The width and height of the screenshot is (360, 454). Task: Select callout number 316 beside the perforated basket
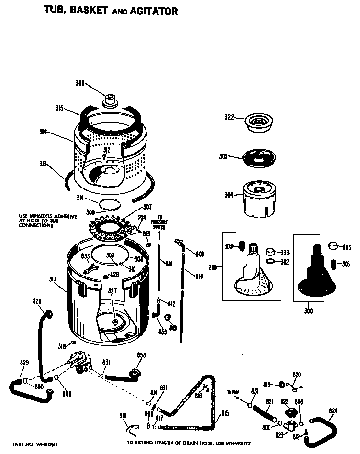43,131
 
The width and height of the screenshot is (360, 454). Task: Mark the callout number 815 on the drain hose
225,413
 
